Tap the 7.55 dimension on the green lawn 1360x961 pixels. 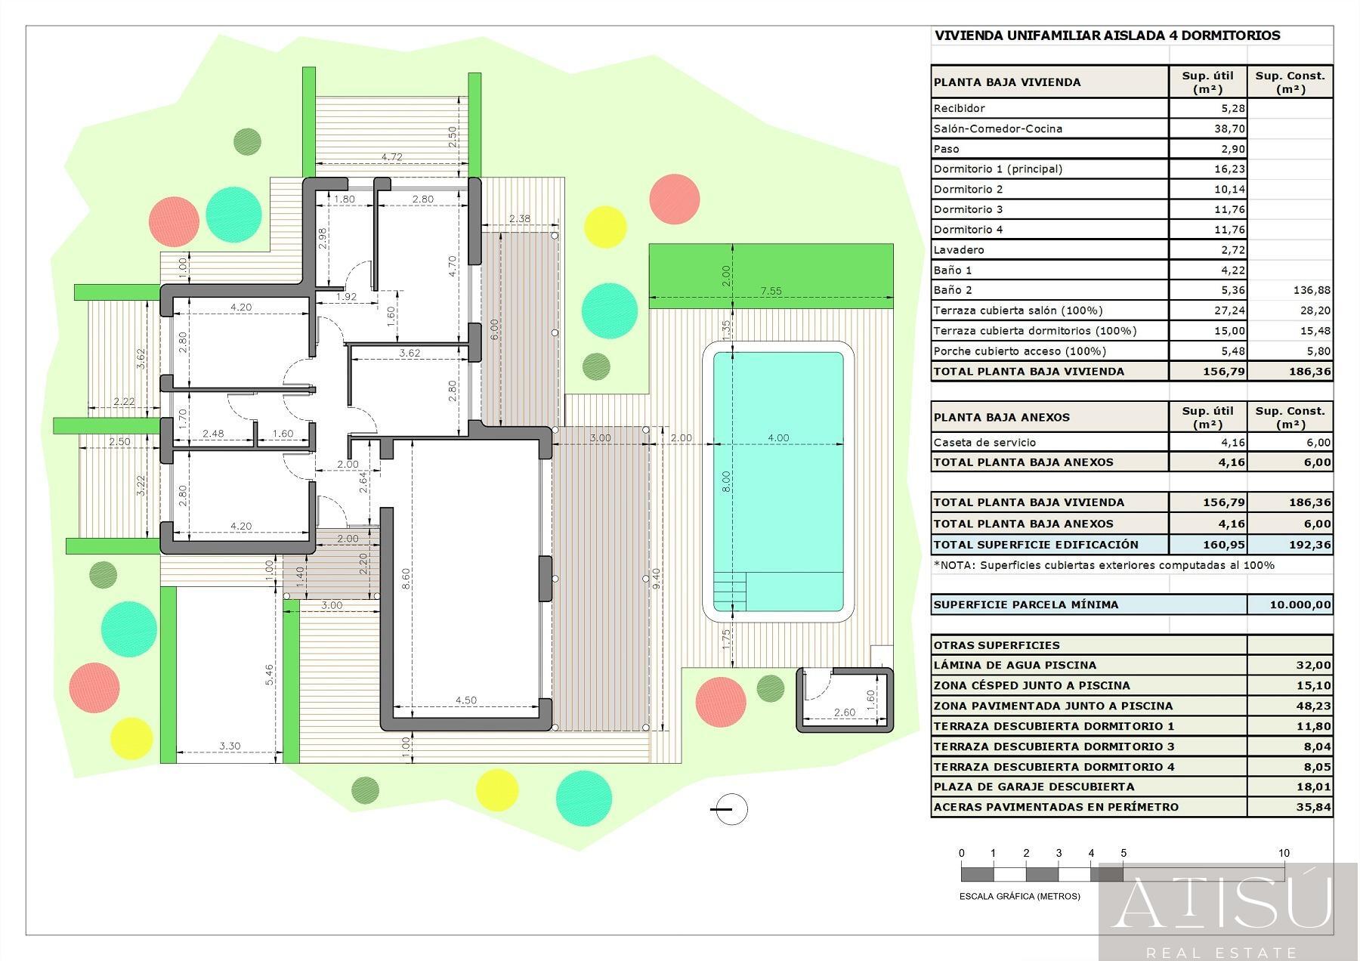pyautogui.click(x=771, y=290)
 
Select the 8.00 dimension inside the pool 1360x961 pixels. pyautogui.click(x=726, y=482)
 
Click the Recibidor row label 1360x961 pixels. pyautogui.click(x=959, y=108)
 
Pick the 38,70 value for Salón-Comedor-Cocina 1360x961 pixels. pyautogui.click(x=1229, y=128)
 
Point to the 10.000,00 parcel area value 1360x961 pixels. pyautogui.click(x=1300, y=604)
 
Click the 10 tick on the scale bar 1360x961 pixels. pyautogui.click(x=1284, y=853)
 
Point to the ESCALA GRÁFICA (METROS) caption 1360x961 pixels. pyautogui.click(x=1019, y=896)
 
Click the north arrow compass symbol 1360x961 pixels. pyautogui.click(x=730, y=809)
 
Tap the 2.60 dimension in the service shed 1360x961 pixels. pyautogui.click(x=844, y=712)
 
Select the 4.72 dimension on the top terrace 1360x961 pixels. pyautogui.click(x=391, y=157)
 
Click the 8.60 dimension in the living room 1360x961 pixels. pyautogui.click(x=406, y=579)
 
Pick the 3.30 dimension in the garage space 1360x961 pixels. pyautogui.click(x=230, y=746)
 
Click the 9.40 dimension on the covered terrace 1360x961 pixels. pyautogui.click(x=657, y=579)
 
